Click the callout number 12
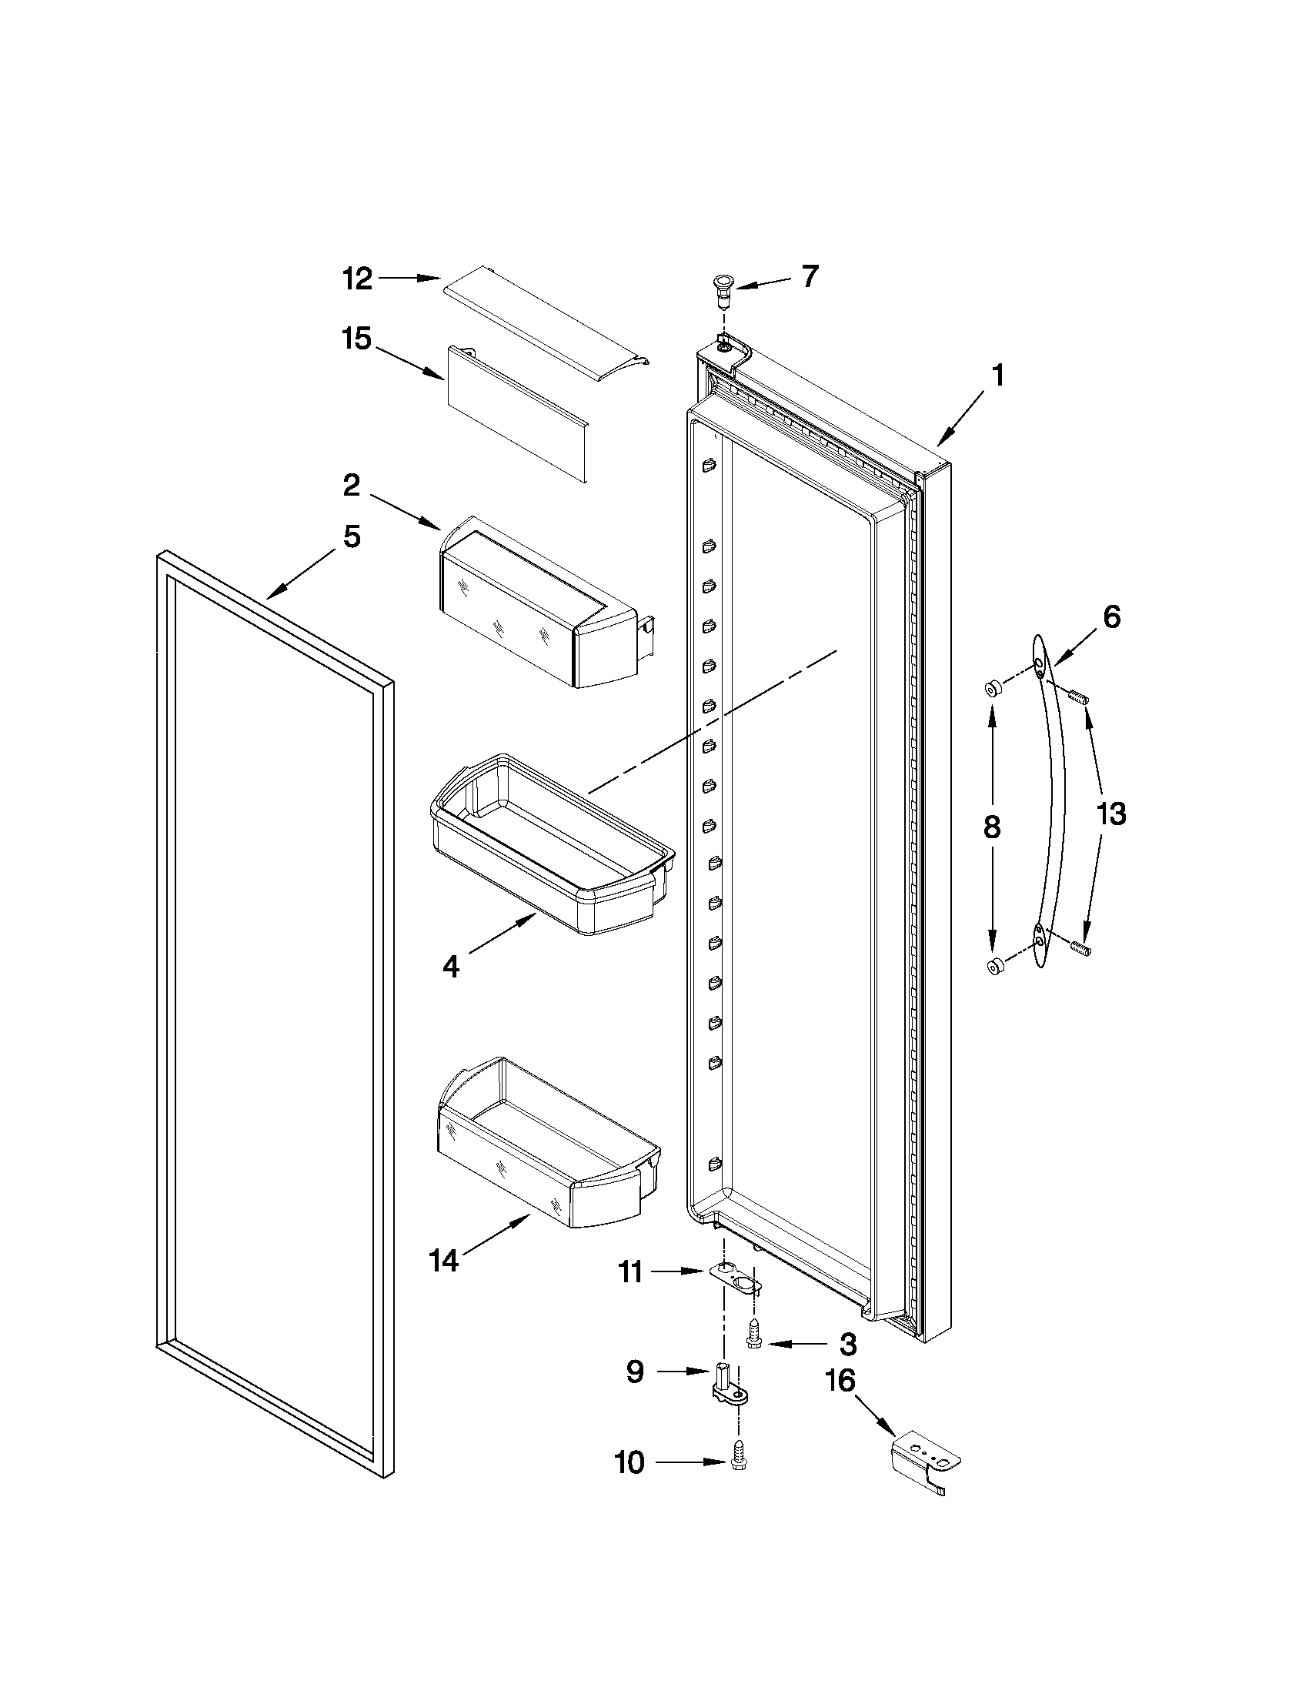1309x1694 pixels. coord(359,279)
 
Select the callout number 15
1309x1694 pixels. coord(358,339)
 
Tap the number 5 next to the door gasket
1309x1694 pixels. coord(352,536)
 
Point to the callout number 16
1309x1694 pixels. coord(840,1382)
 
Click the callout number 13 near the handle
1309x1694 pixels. coord(1110,814)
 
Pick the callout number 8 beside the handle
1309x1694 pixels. coord(991,827)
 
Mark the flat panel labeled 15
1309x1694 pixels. coord(516,423)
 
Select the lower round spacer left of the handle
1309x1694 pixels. coord(993,966)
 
